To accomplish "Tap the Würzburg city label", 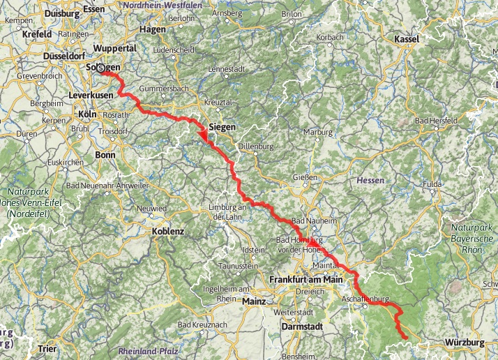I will pyautogui.click(x=464, y=343).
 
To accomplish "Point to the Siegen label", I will pyautogui.click(x=222, y=128).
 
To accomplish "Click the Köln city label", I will pyautogui.click(x=87, y=114).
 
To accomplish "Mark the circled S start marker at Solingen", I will pyautogui.click(x=103, y=68).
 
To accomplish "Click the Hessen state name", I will pyautogui.click(x=370, y=180).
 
